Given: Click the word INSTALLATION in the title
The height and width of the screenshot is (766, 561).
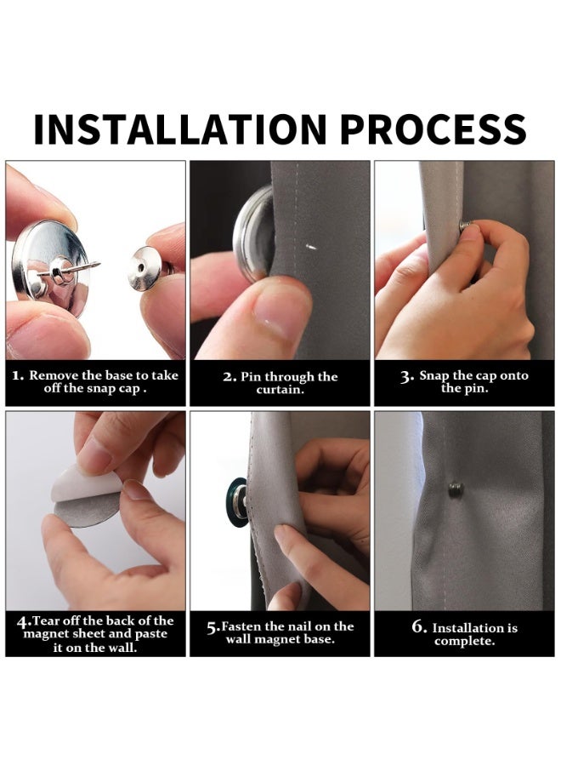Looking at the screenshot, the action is [179, 129].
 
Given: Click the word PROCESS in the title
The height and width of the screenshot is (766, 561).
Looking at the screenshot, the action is [433, 129].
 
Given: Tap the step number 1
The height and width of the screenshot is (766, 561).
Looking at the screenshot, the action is [17, 375].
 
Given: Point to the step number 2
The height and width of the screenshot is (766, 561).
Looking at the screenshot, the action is [229, 377].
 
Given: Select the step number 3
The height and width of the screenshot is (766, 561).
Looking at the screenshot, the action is [405, 377].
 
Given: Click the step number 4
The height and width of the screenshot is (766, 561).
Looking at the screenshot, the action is [22, 622].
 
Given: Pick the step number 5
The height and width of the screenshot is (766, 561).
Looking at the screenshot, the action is [212, 627].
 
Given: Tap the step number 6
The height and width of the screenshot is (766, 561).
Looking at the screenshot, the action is [417, 626].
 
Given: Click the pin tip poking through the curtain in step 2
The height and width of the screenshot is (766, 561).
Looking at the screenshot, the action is [309, 247].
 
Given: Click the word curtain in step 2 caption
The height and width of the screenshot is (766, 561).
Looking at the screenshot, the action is [279, 390].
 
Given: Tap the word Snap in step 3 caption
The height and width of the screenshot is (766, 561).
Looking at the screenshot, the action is [434, 375].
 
